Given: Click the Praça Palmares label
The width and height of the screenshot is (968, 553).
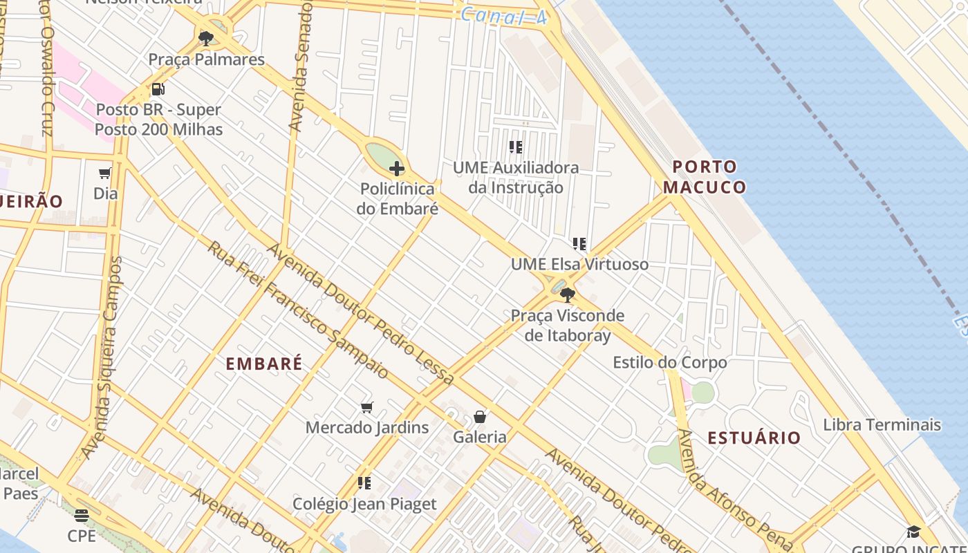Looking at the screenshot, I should pyautogui.click(x=206, y=59).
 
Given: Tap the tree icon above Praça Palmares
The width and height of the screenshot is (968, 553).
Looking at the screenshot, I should pyautogui.click(x=206, y=38).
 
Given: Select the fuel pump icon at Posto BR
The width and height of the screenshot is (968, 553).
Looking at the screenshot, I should pyautogui.click(x=158, y=89).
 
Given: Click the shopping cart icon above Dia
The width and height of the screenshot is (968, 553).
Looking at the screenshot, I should pyautogui.click(x=105, y=173).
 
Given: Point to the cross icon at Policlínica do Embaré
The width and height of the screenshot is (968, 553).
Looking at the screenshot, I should pyautogui.click(x=397, y=168).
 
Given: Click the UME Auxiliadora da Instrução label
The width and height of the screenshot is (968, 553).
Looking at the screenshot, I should pyautogui.click(x=516, y=178).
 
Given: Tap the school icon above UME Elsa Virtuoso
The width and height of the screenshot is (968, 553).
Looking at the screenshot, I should pyautogui.click(x=579, y=243).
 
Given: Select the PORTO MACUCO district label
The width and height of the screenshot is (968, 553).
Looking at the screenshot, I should pyautogui.click(x=705, y=177).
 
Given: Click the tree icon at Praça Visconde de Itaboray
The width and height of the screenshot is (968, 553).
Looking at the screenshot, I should pyautogui.click(x=568, y=295).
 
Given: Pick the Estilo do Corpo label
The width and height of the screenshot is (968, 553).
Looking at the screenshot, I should pyautogui.click(x=670, y=362).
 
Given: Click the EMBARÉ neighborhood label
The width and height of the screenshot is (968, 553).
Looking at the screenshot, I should pyautogui.click(x=264, y=364).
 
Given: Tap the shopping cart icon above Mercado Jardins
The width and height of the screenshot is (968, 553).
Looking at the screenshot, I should pyautogui.click(x=367, y=407).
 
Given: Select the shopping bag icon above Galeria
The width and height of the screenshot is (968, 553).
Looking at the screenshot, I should pyautogui.click(x=480, y=417).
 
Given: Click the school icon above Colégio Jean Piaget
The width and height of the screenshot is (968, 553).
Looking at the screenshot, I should pyautogui.click(x=364, y=482).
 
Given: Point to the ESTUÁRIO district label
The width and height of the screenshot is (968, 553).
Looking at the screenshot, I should pyautogui.click(x=754, y=438).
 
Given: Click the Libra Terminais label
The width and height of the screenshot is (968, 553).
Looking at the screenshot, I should pyautogui.click(x=882, y=424).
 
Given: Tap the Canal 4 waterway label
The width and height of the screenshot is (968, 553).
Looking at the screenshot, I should pyautogui.click(x=503, y=16).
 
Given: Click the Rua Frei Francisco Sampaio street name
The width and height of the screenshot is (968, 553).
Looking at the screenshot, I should pyautogui.click(x=298, y=310).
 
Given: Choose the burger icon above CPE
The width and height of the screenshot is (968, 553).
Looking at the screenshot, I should pyautogui.click(x=82, y=515).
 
